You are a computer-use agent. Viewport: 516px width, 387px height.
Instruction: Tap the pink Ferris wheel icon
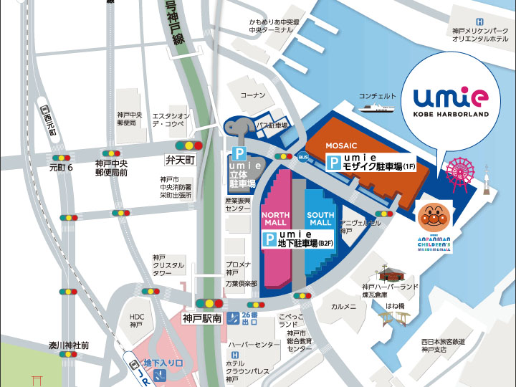(x=460, y=171)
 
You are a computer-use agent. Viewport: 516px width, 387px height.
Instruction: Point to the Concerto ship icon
(x=378, y=108)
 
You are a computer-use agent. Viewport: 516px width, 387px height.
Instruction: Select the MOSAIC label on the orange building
(x=341, y=145)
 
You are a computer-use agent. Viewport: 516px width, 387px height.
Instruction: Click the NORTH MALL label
(x=275, y=219)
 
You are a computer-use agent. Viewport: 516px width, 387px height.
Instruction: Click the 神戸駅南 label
(x=202, y=317)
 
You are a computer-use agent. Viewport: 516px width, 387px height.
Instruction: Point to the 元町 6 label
(x=62, y=168)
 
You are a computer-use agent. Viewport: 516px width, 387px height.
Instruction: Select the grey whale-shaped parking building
(x=239, y=129)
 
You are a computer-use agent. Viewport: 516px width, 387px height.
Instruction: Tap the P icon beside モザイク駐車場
(x=334, y=164)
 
